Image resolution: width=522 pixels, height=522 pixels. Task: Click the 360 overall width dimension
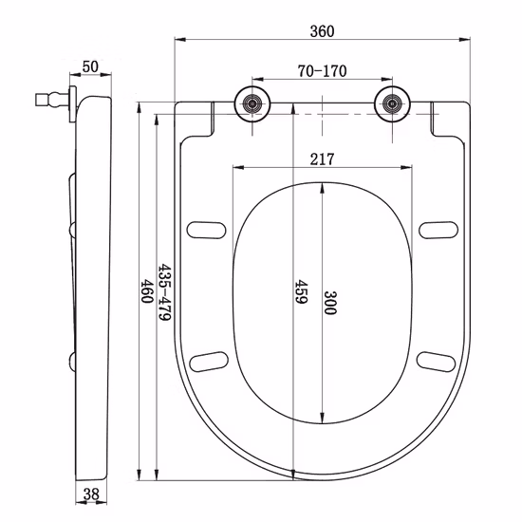(322, 30)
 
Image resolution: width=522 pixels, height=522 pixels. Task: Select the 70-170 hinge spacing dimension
(321, 69)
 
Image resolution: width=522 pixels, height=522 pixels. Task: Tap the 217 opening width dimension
(322, 159)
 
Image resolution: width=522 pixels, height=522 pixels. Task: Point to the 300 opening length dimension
(330, 304)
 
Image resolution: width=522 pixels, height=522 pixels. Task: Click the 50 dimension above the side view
(91, 66)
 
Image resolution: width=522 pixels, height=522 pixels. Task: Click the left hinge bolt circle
(252, 103)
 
